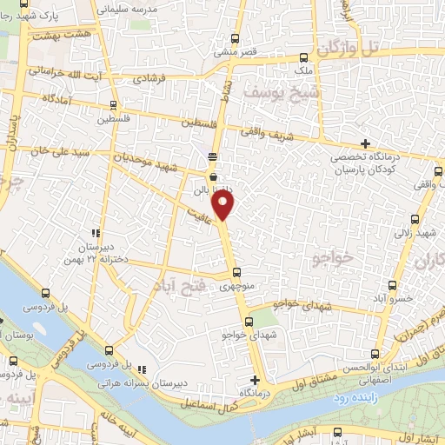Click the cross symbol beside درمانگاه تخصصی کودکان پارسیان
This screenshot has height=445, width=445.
click(x=366, y=143)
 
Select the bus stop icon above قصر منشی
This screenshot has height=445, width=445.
click(x=235, y=38)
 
